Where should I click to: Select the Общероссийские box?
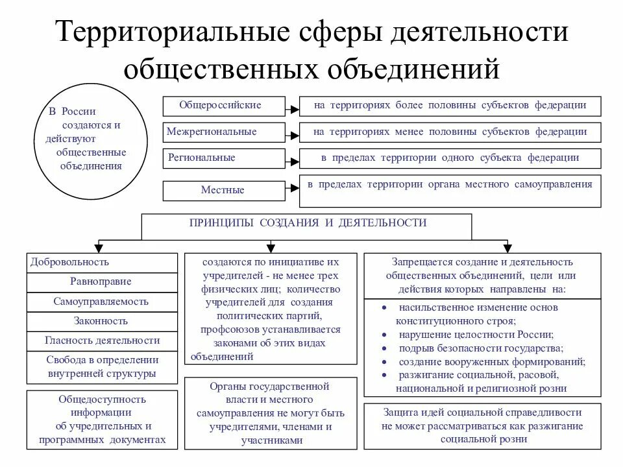(223, 106)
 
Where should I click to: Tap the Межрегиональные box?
(223, 132)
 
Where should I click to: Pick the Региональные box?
(223, 158)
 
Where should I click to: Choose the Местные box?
(223, 191)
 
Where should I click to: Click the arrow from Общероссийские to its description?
(293, 106)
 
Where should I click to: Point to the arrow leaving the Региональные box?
(293, 158)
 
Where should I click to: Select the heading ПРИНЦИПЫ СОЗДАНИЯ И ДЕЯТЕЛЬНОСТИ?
(308, 223)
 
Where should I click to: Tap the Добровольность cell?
(102, 263)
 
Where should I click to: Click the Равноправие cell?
(102, 282)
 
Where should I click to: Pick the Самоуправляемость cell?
(102, 302)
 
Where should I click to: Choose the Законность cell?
(102, 321)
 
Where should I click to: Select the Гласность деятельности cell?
(102, 341)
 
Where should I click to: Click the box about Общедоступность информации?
(102, 420)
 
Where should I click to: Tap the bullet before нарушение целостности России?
(384, 335)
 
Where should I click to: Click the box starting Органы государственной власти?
(271, 413)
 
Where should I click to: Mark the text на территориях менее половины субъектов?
(450, 132)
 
